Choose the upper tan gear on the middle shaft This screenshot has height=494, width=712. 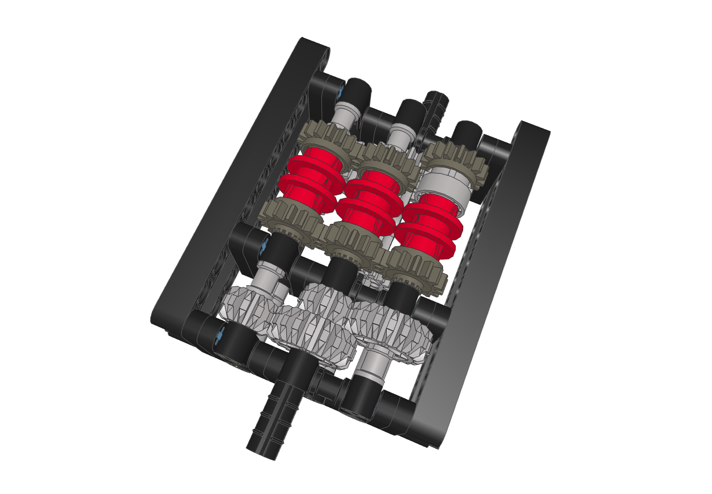(388, 159)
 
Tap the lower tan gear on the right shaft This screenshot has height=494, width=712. (416, 268)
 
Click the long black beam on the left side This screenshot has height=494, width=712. (234, 184)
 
